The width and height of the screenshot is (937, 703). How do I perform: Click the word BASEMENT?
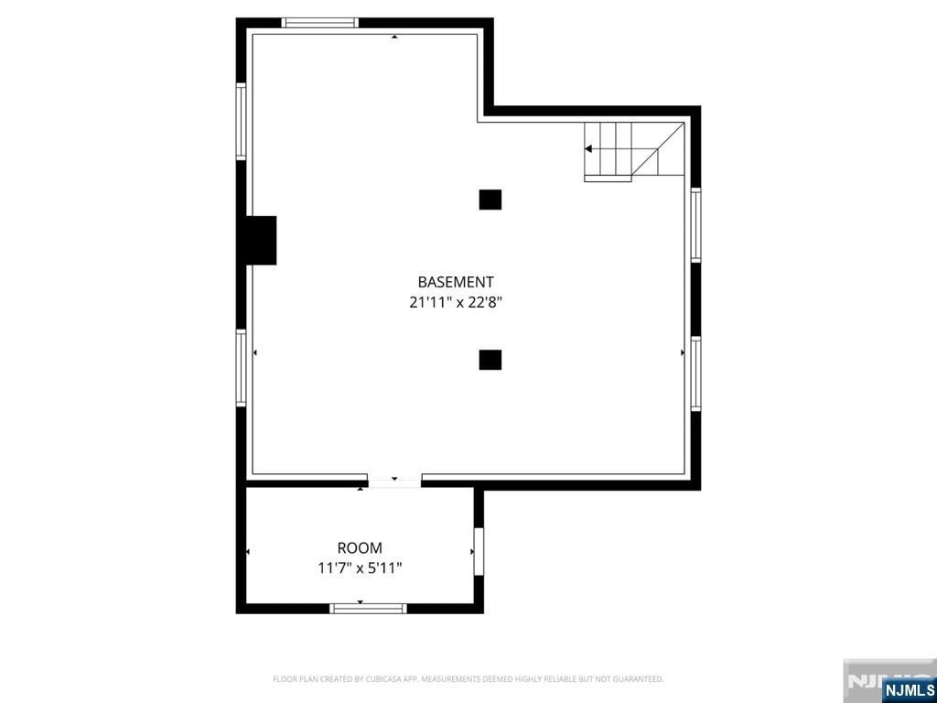coord(456,282)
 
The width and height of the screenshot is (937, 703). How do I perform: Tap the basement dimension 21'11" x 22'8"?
coord(456,301)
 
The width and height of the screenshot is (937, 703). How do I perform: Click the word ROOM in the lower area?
coord(360,548)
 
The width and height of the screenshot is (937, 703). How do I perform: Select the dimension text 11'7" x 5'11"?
coord(360,568)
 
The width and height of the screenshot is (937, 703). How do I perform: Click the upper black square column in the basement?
coord(490,200)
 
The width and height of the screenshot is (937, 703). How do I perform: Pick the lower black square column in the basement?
coord(490,360)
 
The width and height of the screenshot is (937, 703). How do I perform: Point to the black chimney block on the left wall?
coord(260,241)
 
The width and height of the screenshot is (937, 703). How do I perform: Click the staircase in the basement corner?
coord(633,150)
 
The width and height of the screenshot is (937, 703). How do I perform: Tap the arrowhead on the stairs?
coord(589,148)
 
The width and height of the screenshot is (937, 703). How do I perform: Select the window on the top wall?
coord(319,23)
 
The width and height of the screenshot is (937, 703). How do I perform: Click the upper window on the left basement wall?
coord(242,121)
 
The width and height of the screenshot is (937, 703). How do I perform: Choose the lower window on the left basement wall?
coord(242,367)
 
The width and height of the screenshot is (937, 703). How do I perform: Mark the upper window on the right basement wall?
coord(695,224)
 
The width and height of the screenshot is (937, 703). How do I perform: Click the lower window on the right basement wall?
coord(695,373)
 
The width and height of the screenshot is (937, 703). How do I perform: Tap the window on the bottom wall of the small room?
coord(368,608)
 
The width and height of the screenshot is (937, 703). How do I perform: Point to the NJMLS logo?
coord(910,689)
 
